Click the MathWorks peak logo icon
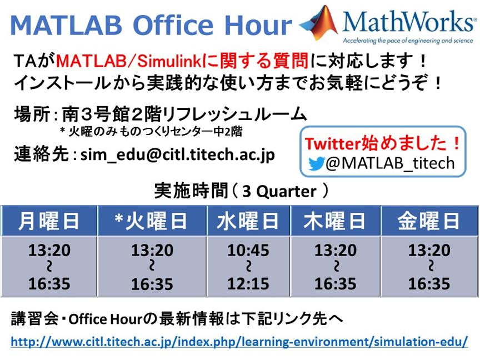pos(319,22)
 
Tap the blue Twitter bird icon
pos(317,164)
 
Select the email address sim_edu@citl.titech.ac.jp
pos(178,154)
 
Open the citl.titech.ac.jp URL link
pos(239,342)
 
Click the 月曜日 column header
pos(49,221)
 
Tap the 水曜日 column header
pos(248,221)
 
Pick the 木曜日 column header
pos(336,221)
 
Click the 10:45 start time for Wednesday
pos(248,251)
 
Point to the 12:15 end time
pos(248,284)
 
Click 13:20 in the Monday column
pos(49,251)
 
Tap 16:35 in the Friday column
pos(429,284)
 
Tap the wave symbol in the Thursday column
pos(336,267)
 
